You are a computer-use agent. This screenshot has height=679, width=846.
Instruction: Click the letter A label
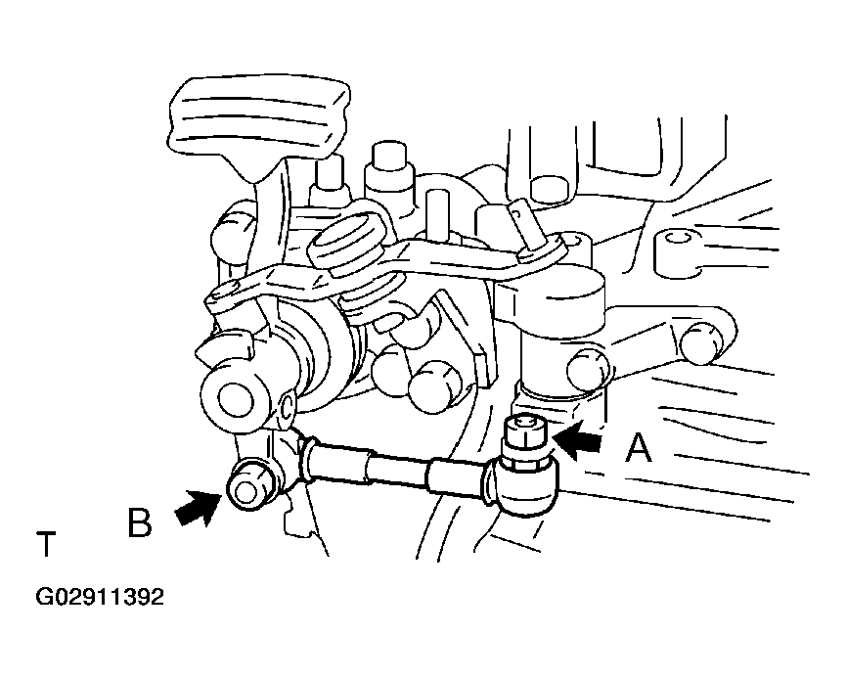click(x=639, y=448)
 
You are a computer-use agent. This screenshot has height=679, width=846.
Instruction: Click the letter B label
click(x=139, y=521)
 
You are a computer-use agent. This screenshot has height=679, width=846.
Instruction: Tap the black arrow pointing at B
click(x=198, y=508)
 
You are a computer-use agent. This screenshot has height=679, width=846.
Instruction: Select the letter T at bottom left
click(x=46, y=544)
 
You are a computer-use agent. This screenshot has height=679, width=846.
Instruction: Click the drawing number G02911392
click(x=100, y=598)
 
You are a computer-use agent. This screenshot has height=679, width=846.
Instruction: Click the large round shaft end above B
click(x=236, y=400)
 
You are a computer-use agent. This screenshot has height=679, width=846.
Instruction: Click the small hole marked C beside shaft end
click(x=287, y=406)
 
